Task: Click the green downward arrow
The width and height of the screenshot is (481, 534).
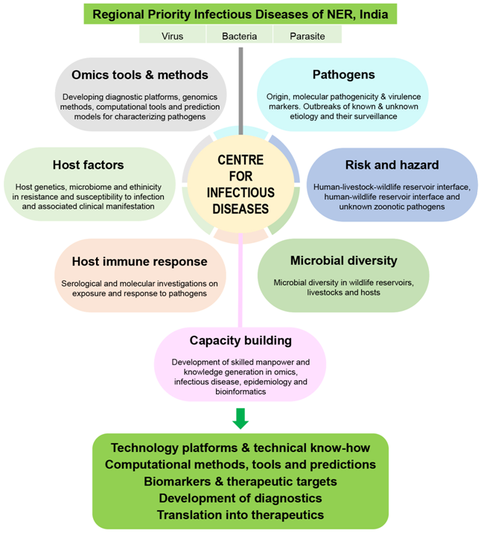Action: coord(240,418)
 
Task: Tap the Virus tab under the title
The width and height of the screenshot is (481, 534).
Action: coord(172,36)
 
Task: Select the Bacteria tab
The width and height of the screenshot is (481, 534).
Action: coord(240,36)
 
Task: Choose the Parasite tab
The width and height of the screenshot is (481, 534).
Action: coord(307,36)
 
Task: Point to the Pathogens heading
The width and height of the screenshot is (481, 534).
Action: coord(343,75)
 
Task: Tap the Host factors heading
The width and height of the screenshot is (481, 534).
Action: coord(88,164)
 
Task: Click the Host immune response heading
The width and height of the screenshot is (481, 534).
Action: coord(139,262)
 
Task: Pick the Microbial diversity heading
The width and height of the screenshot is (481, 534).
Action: coord(343,261)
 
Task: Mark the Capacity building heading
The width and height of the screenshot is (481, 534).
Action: coord(240,341)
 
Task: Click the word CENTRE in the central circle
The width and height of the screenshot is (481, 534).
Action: coord(240,160)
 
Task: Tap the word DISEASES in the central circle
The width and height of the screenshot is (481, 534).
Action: coord(240,209)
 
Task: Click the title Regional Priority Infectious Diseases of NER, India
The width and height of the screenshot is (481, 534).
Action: coord(240,13)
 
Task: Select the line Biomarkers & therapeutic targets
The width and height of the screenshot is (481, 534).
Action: coord(240,481)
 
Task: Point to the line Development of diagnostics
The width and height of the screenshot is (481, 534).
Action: coord(240,498)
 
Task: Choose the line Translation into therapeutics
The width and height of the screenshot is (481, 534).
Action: coord(240,515)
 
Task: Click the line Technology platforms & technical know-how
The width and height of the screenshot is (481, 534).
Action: coord(240,448)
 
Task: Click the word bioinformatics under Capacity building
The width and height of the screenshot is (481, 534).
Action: coord(240,391)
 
